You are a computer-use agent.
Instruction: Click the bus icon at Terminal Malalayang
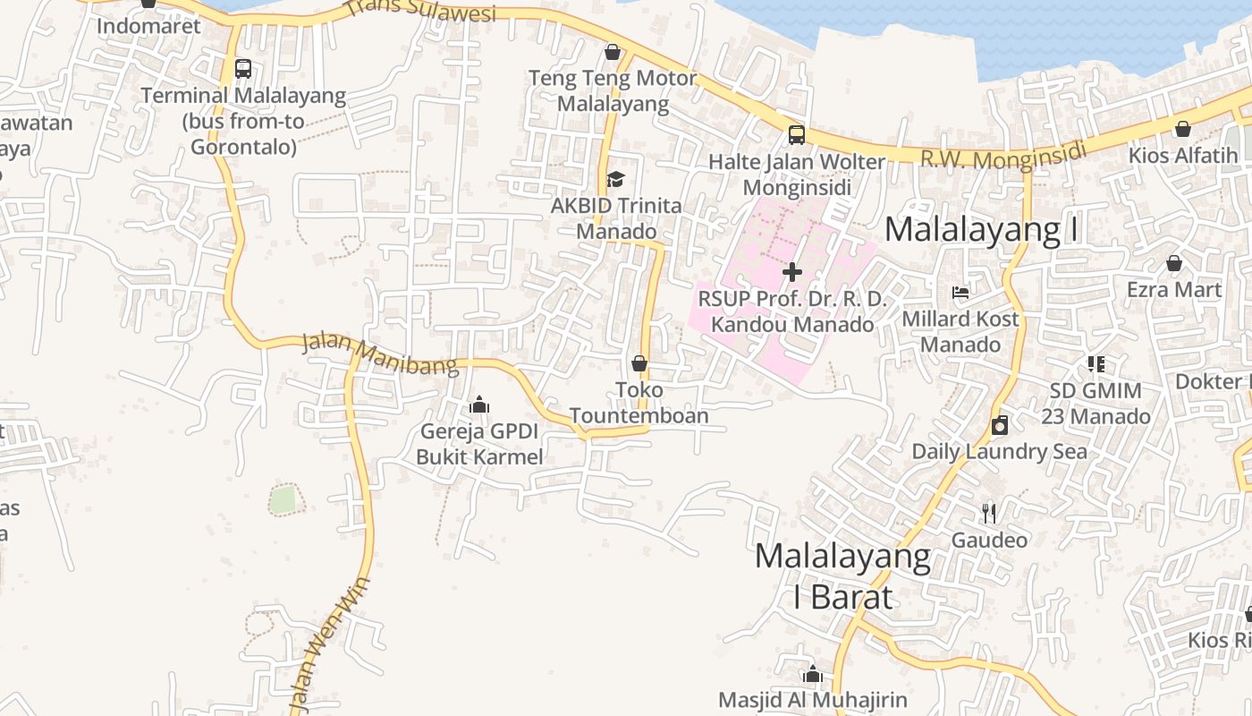click(x=242, y=69)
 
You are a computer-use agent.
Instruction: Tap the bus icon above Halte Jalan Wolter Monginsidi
click(x=796, y=135)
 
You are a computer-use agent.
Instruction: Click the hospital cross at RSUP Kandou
click(x=792, y=271)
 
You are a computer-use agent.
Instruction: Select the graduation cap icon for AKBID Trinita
click(x=614, y=180)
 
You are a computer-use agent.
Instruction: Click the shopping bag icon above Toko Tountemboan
click(x=639, y=363)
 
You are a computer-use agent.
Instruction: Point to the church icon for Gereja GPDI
click(x=479, y=405)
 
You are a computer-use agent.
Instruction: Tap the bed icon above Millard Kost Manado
click(x=960, y=293)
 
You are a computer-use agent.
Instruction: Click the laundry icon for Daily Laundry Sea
click(x=1000, y=425)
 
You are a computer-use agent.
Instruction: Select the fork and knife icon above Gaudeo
click(x=989, y=514)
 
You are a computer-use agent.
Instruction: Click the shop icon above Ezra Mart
click(x=1174, y=263)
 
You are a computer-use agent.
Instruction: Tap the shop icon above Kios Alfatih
click(x=1182, y=129)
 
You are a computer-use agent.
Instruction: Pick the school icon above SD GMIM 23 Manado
click(x=1095, y=364)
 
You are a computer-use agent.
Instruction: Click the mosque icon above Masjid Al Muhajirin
click(x=812, y=674)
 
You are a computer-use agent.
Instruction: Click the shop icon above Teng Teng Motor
click(x=613, y=52)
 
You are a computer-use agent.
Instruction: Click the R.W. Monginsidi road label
click(x=1002, y=157)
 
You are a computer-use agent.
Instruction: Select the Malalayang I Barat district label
click(x=842, y=576)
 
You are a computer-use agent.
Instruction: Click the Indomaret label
click(x=148, y=25)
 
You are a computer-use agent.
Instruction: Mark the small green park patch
click(x=283, y=499)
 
